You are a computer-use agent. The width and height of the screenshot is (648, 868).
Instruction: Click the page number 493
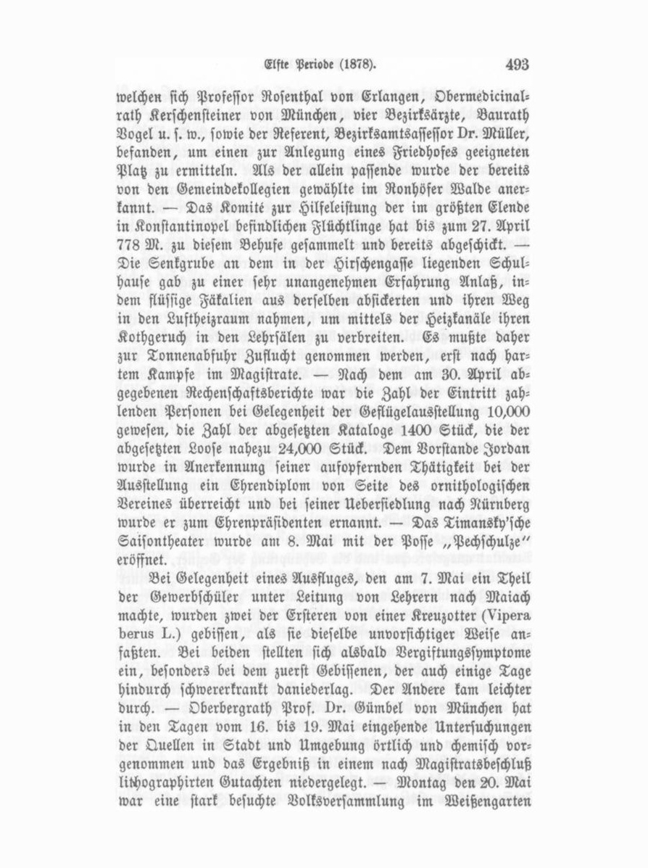pos(518,65)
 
